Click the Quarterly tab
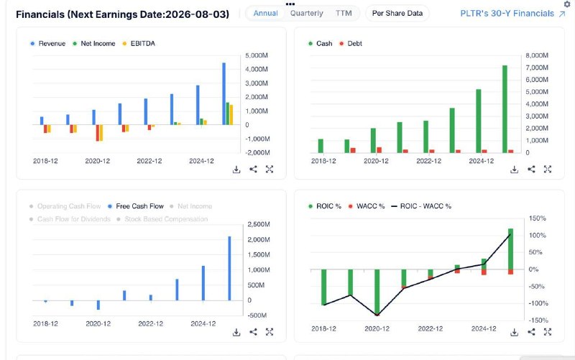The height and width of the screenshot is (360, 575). click(x=307, y=13)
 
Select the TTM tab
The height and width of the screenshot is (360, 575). click(x=344, y=13)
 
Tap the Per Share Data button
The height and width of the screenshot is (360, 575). click(x=397, y=13)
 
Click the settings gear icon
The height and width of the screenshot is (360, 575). click(x=567, y=4)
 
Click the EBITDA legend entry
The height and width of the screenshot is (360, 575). click(x=139, y=43)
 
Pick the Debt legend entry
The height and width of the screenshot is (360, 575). click(x=351, y=43)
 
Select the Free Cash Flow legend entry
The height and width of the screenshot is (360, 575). click(x=135, y=206)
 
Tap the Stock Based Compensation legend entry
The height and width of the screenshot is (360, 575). click(x=162, y=219)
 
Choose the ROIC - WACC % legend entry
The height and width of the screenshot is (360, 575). click(x=421, y=206)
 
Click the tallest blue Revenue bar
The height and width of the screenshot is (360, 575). click(x=224, y=94)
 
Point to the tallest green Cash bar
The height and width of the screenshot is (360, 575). click(x=505, y=109)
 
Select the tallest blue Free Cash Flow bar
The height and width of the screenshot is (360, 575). click(x=229, y=268)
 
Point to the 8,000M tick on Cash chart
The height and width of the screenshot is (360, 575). click(x=537, y=55)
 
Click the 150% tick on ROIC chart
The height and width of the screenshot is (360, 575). click(x=537, y=218)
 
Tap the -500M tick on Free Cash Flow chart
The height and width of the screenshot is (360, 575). click(x=257, y=315)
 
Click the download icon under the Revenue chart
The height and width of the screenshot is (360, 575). click(x=236, y=170)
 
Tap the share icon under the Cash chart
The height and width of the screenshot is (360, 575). click(x=531, y=169)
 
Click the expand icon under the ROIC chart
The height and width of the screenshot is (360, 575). click(x=548, y=332)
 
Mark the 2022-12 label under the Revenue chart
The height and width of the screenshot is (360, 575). click(x=149, y=161)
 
